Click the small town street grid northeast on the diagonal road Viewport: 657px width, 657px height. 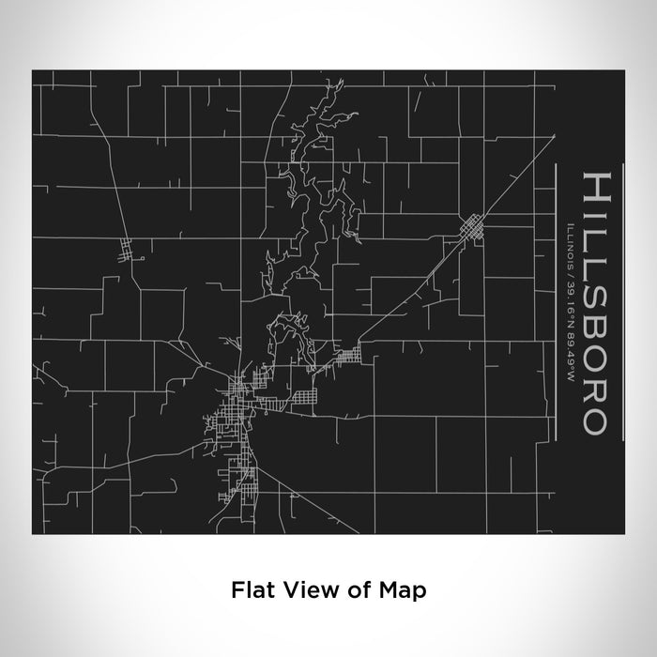[x=471, y=227]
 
